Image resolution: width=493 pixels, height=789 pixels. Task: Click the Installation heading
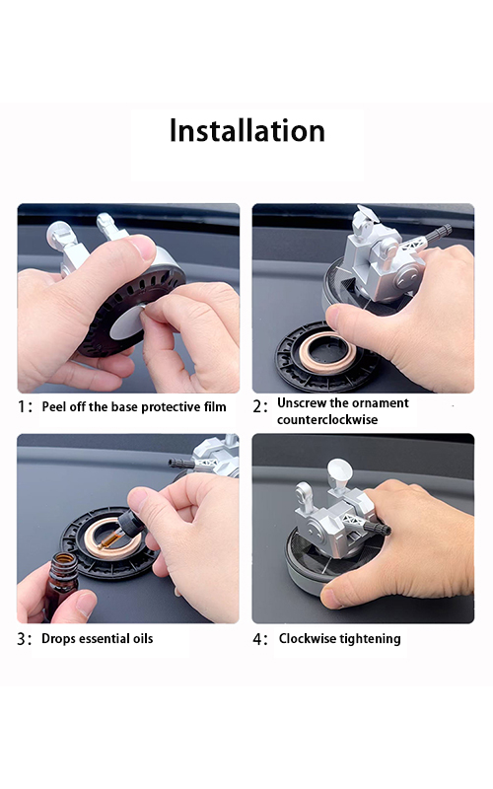click(246, 131)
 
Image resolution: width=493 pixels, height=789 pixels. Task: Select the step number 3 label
click(24, 639)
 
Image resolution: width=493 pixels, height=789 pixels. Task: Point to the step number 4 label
click(259, 639)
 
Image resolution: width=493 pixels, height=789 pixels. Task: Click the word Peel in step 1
click(54, 407)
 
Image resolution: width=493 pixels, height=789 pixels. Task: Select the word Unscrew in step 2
click(300, 402)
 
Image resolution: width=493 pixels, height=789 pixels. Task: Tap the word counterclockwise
click(327, 419)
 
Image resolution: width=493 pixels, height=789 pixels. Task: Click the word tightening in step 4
click(372, 639)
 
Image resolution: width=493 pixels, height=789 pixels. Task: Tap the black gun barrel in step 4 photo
click(377, 530)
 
